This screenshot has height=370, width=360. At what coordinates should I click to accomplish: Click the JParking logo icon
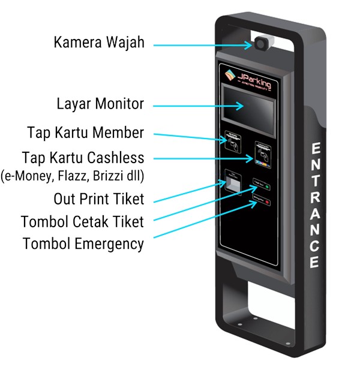click(231, 77)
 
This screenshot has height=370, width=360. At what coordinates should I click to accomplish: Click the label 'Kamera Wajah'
click(99, 43)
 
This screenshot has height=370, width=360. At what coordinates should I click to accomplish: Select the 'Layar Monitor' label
click(100, 104)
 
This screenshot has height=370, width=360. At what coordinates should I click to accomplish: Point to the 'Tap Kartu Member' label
click(85, 132)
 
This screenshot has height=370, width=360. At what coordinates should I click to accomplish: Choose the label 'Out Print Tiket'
click(98, 198)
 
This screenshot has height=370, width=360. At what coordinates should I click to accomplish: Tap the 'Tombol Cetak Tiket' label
click(82, 222)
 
